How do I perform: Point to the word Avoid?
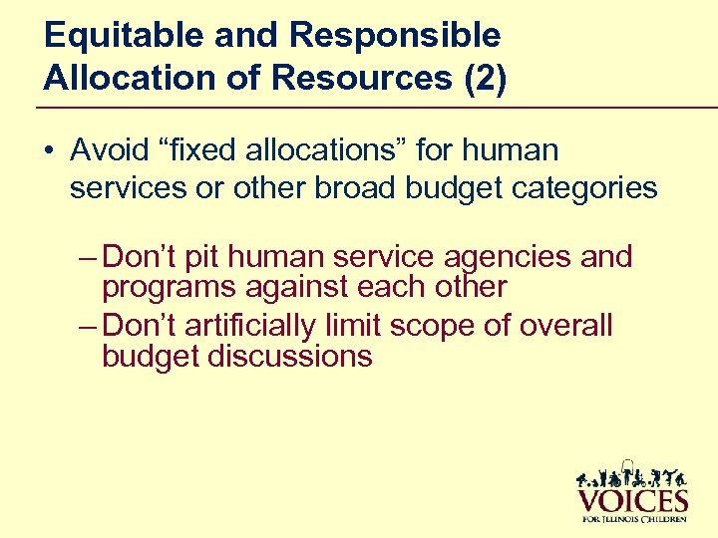[107, 150]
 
